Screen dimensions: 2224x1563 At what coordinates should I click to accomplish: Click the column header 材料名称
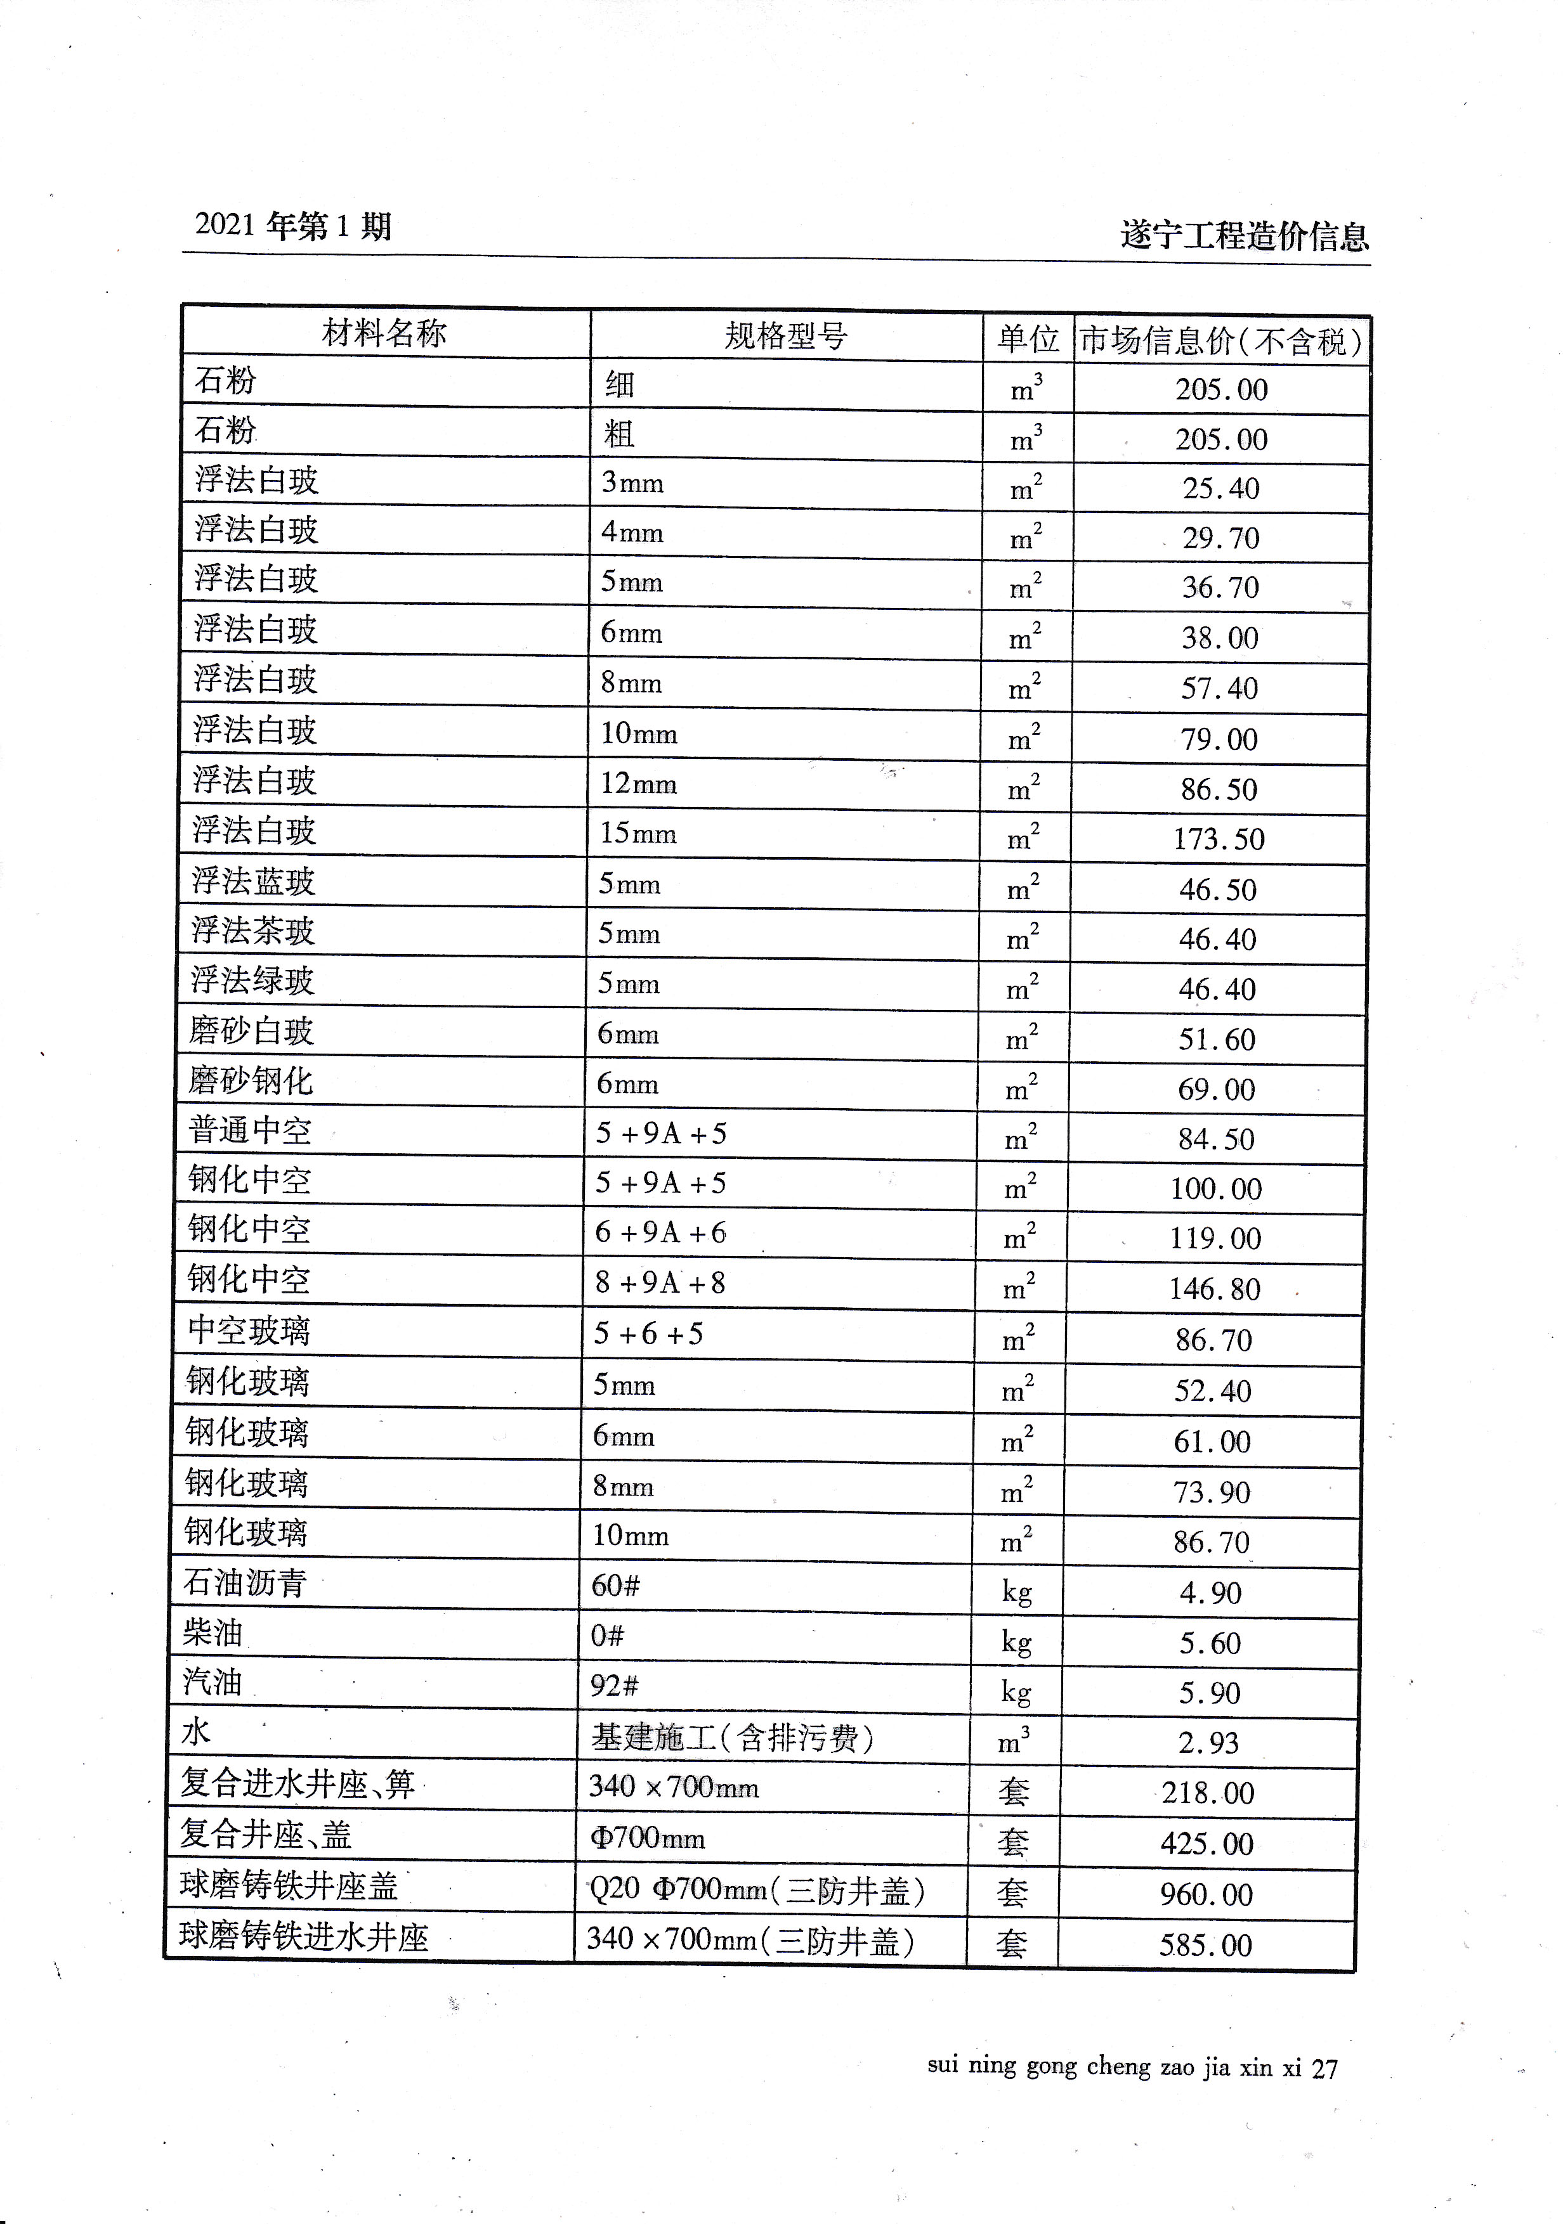click(384, 333)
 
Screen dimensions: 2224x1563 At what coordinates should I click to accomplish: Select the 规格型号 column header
click(786, 336)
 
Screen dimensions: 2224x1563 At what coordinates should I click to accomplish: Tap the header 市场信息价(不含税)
click(1221, 340)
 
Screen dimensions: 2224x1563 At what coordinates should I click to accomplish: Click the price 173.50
click(1219, 839)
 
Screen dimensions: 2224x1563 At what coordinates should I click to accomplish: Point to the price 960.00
click(1207, 1894)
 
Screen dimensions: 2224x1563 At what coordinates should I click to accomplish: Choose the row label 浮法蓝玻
click(254, 881)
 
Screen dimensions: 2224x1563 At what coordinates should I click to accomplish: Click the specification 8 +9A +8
click(660, 1283)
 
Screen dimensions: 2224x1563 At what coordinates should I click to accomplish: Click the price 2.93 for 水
click(1208, 1743)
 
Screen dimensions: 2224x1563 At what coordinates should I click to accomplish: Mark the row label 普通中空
click(250, 1130)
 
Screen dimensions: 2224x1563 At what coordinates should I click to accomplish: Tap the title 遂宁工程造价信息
click(1244, 235)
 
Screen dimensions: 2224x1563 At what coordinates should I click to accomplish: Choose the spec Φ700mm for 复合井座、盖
click(646, 1837)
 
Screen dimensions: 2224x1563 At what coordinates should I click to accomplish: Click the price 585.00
click(1205, 1944)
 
